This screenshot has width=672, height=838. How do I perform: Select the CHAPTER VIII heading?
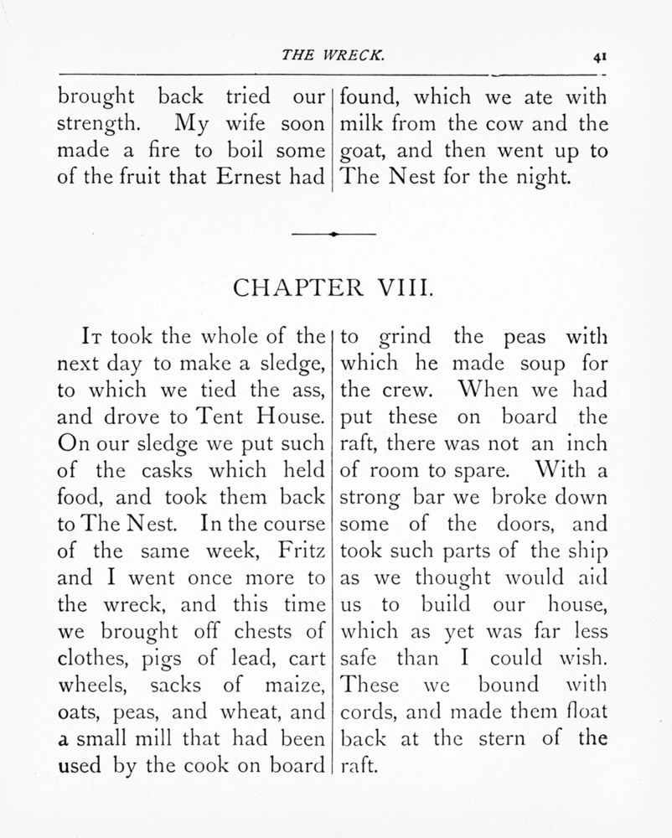click(x=333, y=290)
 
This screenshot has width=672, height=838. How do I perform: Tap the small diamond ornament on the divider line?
click(x=333, y=235)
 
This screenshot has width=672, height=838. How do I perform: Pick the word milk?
click(x=361, y=125)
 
